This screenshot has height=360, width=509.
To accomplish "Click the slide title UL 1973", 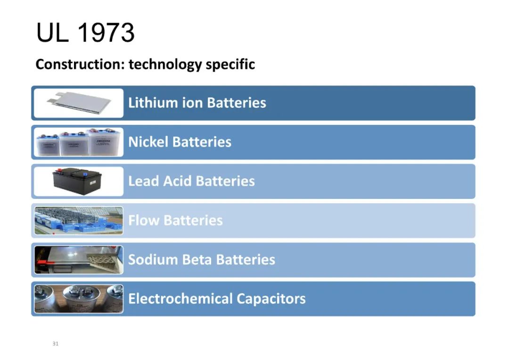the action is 85,33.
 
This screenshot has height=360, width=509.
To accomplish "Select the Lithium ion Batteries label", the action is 197,103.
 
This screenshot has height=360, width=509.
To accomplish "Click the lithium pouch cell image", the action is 79,103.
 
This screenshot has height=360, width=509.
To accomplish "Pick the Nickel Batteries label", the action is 180,142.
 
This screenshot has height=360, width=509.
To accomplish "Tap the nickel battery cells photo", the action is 79,142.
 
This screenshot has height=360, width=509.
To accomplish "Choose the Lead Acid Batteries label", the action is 191,181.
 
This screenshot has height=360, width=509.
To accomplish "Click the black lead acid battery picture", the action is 77,181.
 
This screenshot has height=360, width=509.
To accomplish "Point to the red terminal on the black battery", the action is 59,170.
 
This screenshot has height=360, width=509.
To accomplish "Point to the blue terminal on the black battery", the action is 85,175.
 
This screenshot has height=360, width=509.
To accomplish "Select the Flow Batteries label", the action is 175,221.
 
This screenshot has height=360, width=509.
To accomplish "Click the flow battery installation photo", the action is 79,221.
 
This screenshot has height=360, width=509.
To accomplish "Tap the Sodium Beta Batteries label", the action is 202,260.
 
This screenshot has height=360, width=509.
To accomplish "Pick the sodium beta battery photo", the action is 79,260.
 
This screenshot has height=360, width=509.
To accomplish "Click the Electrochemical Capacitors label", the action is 217,299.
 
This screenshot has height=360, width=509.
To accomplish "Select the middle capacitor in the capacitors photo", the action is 81,299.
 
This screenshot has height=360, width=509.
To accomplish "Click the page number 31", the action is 56,344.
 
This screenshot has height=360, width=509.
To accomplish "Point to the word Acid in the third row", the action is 178,181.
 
